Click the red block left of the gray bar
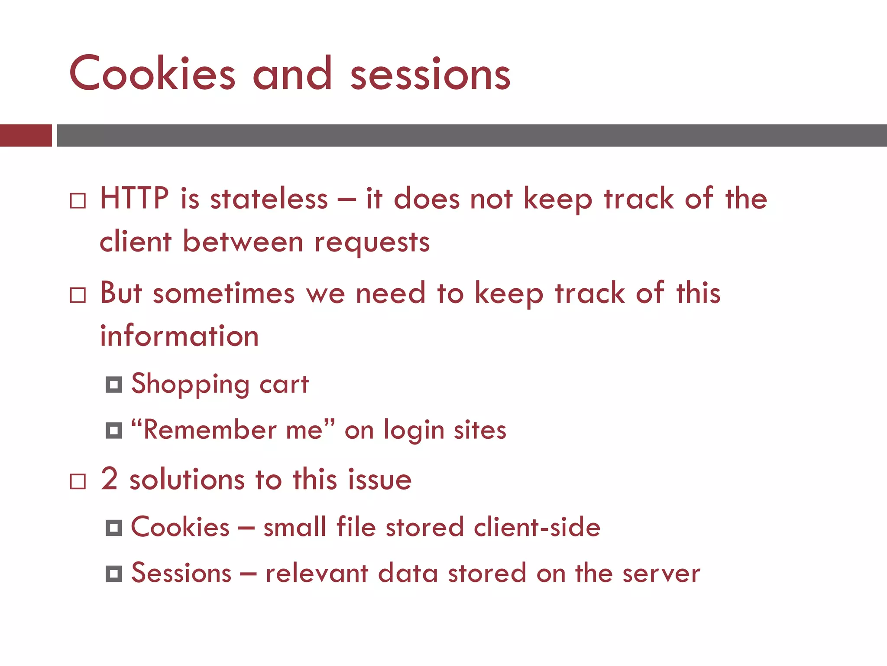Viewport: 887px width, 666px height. coord(26,135)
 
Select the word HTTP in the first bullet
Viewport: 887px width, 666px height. coord(134,199)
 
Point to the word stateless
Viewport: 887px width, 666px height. coord(269,199)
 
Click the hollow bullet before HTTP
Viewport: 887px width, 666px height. coord(78,201)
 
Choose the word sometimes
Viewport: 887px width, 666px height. coord(223,294)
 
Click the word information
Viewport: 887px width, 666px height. coord(179,336)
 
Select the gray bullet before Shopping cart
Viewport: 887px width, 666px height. coord(114,385)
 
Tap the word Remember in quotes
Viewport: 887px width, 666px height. coord(210,430)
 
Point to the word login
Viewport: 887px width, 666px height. coord(414,431)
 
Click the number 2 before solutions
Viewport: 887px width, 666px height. coord(109,479)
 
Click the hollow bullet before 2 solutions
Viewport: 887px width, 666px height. coord(78,481)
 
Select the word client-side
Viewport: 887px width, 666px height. coord(537,527)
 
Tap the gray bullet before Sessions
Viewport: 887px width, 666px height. coord(114,574)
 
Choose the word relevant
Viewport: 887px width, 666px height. coord(317,574)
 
